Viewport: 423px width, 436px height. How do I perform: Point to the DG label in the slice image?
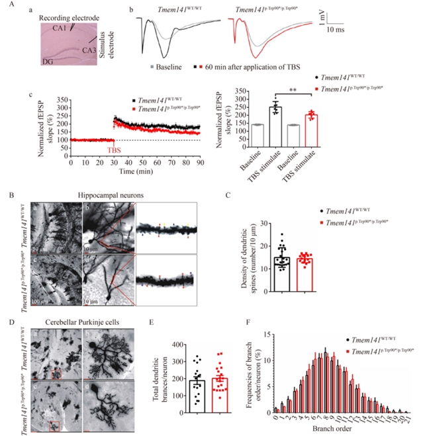(30, 62)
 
